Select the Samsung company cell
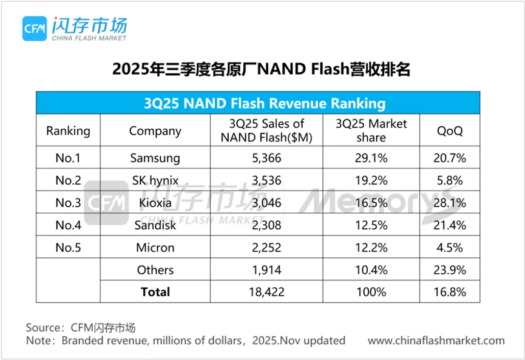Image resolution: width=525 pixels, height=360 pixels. coord(155,158)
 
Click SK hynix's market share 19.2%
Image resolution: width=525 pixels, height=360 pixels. coord(371,180)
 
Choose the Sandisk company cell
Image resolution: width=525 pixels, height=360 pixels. coord(155,225)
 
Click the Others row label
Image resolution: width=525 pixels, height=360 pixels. coord(155,270)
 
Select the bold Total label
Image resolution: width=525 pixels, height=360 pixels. coord(155,292)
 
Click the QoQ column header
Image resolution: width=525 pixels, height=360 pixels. coord(450,131)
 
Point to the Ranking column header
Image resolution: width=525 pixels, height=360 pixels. coord(68,131)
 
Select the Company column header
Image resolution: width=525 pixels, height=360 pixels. coord(155,131)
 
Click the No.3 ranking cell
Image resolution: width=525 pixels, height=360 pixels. coord(68,203)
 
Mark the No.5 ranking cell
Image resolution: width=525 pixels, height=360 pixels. coord(68,248)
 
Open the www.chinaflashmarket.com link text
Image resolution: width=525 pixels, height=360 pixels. coord(436,341)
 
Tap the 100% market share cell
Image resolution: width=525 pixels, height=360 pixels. coord(371,292)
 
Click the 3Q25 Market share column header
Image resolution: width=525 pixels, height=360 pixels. coord(371,131)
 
